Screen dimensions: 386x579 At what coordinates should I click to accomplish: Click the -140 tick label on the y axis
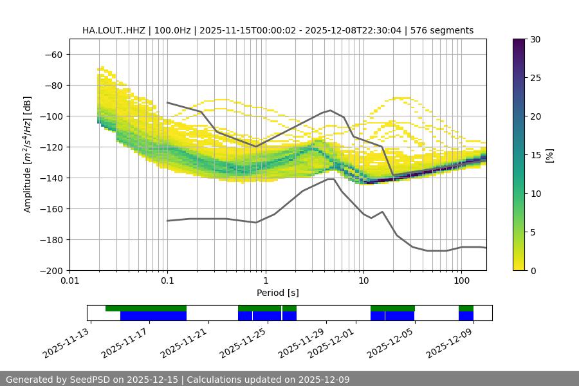53,178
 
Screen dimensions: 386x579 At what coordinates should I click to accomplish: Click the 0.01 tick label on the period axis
69,281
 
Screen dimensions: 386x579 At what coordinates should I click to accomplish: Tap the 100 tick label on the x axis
461,281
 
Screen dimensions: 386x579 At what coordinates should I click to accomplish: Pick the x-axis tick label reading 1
265,281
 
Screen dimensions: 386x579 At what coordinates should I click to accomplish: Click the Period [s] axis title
277,293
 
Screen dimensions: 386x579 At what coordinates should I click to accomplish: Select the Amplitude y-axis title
28,154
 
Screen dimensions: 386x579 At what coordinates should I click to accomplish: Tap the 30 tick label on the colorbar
535,39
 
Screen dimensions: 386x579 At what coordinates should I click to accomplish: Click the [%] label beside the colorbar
550,155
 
